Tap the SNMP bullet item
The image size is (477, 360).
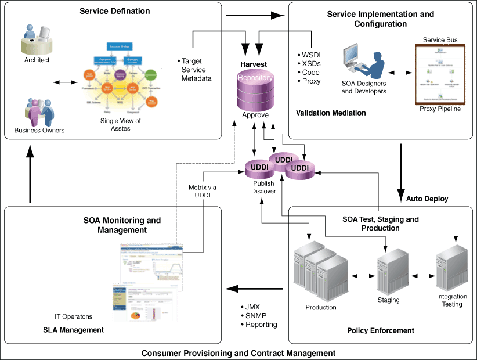coord(255,315)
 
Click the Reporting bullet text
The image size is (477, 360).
coord(261,325)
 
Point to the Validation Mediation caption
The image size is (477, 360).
coord(331,113)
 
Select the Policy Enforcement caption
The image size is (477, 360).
coord(381,330)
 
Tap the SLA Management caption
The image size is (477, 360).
coord(74,330)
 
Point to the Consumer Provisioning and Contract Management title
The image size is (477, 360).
coord(238,352)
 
